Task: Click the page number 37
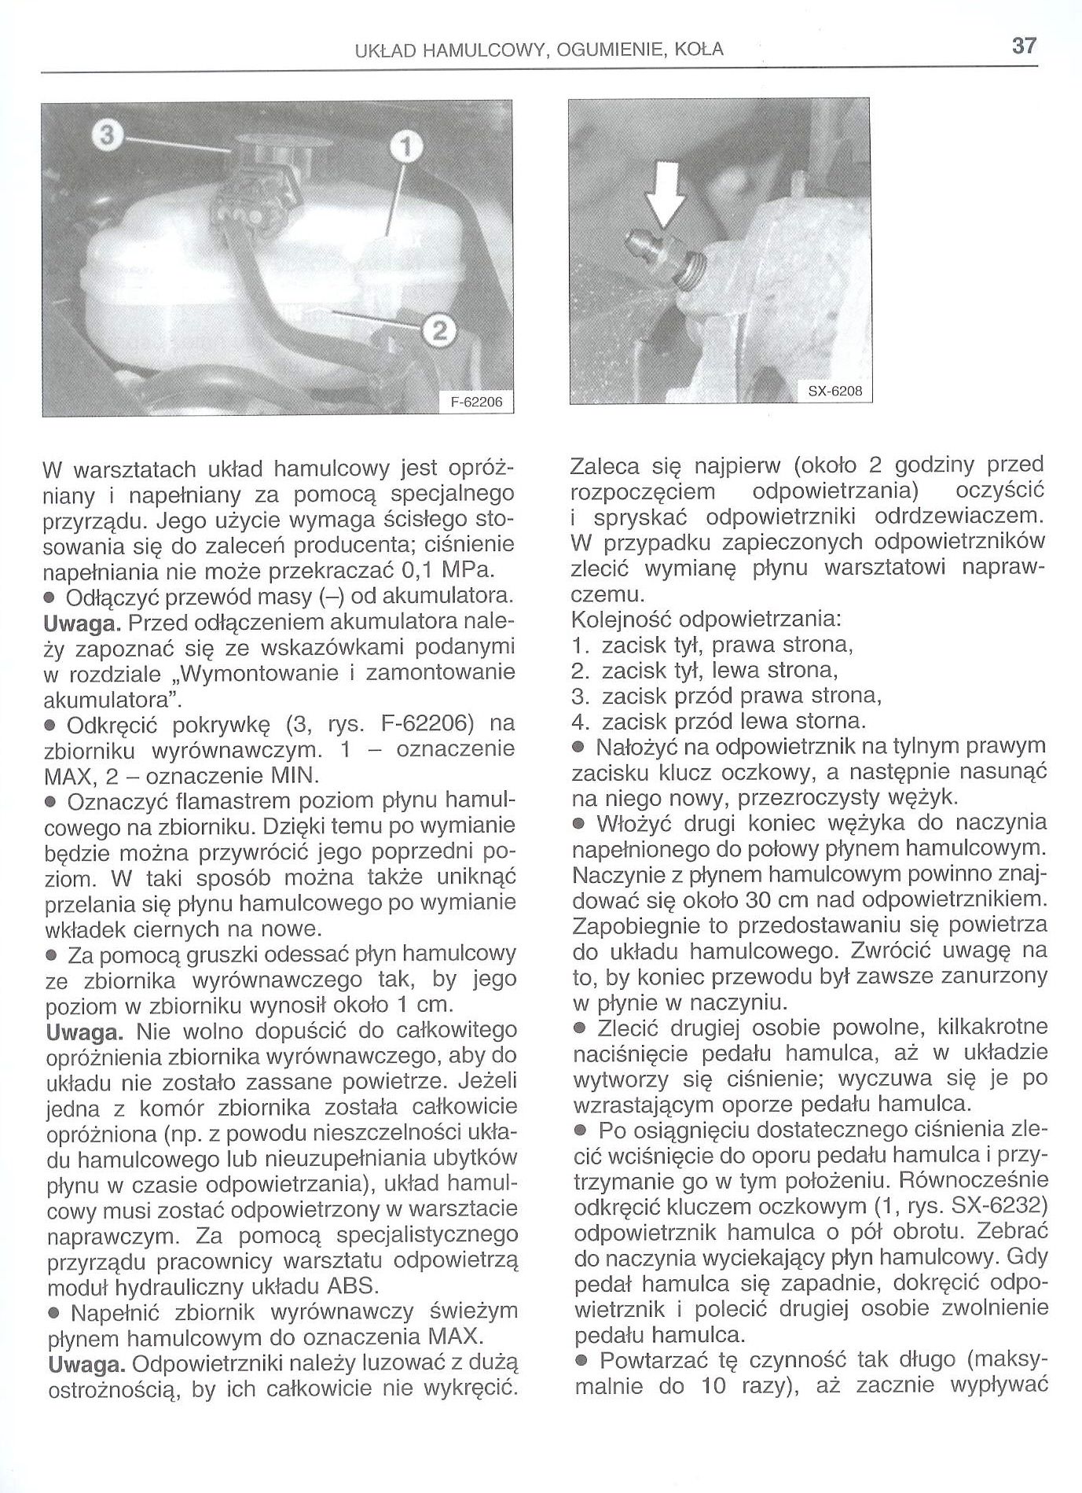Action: click(1024, 46)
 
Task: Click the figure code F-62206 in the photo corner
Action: click(476, 403)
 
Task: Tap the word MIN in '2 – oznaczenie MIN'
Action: click(293, 775)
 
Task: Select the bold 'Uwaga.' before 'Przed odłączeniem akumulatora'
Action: click(83, 622)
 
